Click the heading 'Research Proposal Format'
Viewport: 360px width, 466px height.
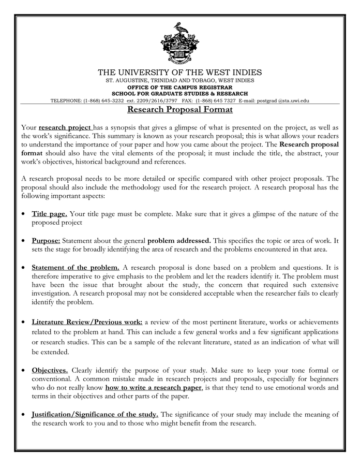(180, 110)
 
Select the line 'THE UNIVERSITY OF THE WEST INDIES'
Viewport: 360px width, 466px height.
(180, 72)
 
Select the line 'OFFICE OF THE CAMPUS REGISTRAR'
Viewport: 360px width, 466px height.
(180, 88)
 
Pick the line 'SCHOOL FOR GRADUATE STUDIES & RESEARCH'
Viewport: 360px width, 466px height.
(180, 94)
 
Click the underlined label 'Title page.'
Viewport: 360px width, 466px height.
(49, 213)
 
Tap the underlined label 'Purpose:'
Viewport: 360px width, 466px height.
(46, 241)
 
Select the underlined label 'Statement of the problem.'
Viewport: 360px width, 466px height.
(76, 268)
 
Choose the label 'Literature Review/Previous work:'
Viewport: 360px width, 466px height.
(87, 322)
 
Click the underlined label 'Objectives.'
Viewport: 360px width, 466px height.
(50, 370)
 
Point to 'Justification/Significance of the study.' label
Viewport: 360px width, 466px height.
(95, 414)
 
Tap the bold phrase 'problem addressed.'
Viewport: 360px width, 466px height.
(179, 241)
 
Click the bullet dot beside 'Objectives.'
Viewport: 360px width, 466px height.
(24, 371)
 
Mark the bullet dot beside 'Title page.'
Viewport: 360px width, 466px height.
(24, 214)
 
